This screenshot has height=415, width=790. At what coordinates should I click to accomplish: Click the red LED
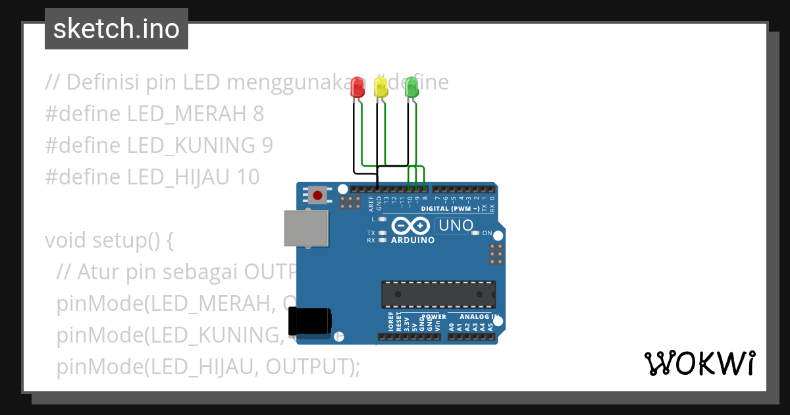[x=357, y=88]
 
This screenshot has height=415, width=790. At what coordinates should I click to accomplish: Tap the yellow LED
[x=381, y=88]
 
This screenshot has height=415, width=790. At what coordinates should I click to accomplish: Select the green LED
[x=411, y=88]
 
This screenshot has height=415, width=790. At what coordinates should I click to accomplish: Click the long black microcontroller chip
[x=438, y=294]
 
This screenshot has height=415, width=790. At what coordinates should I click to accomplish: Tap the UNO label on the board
[x=456, y=226]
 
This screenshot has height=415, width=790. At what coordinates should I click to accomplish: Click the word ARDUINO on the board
[x=413, y=240]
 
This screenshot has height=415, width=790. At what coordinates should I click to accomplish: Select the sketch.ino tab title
[x=117, y=29]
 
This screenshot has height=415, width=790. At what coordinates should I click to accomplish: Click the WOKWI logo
[x=699, y=363]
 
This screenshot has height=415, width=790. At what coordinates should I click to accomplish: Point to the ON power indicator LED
[x=475, y=233]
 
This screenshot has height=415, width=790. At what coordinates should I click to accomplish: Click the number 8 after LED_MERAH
[x=258, y=114]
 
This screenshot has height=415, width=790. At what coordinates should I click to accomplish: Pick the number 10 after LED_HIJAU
[x=250, y=177]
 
